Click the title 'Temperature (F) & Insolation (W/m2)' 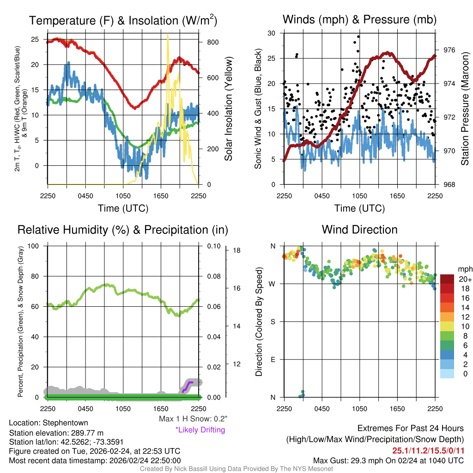click(x=123, y=20)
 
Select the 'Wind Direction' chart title click(x=359, y=230)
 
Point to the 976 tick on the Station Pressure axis click(x=449, y=50)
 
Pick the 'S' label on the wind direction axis click(x=273, y=321)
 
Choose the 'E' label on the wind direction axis click(x=273, y=359)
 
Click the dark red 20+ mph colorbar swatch click(x=448, y=279)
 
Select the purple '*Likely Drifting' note click(x=200, y=430)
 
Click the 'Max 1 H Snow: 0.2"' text click(x=193, y=419)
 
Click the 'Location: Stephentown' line click(x=49, y=423)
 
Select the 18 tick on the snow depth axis click(x=236, y=250)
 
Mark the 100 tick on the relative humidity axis click(x=34, y=246)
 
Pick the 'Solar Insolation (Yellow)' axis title click(x=228, y=109)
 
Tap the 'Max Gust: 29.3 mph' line click(x=388, y=461)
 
